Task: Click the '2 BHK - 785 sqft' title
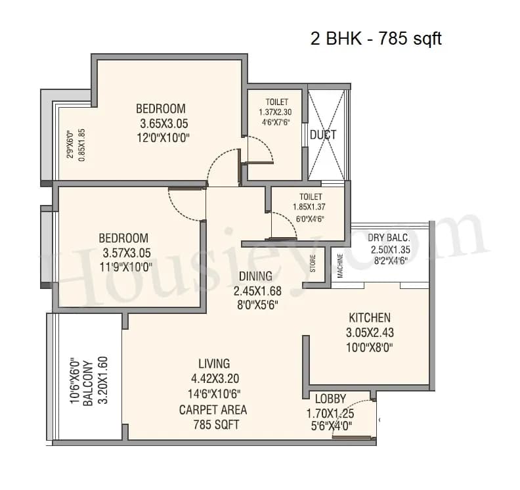(x=376, y=39)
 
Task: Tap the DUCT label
(x=323, y=135)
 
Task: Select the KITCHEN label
(x=370, y=317)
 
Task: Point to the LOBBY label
(x=330, y=399)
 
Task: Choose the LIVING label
(x=214, y=363)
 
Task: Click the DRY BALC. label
(x=389, y=238)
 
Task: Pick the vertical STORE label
(x=313, y=263)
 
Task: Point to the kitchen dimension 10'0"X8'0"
(x=370, y=347)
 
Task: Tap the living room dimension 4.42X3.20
(x=214, y=378)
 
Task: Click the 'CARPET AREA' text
(x=213, y=410)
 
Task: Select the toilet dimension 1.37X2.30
(x=276, y=112)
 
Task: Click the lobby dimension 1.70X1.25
(x=330, y=413)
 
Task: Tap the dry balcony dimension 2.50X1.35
(x=390, y=250)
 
